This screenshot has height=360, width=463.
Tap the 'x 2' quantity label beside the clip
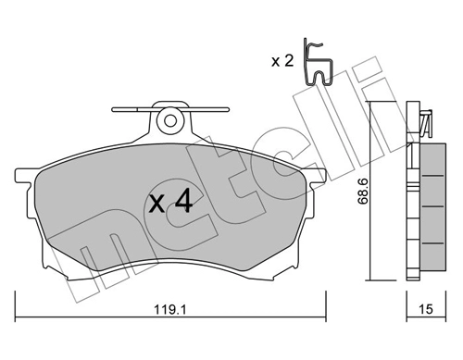tap(282, 61)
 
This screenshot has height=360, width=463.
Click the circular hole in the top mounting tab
tap(169, 119)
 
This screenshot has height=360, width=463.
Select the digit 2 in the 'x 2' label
tap(288, 61)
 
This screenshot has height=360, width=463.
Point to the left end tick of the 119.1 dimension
tap(16, 303)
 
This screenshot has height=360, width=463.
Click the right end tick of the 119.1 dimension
tap(325, 303)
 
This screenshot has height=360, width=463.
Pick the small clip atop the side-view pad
tap(425, 121)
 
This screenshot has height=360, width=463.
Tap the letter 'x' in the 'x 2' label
tap(275, 62)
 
